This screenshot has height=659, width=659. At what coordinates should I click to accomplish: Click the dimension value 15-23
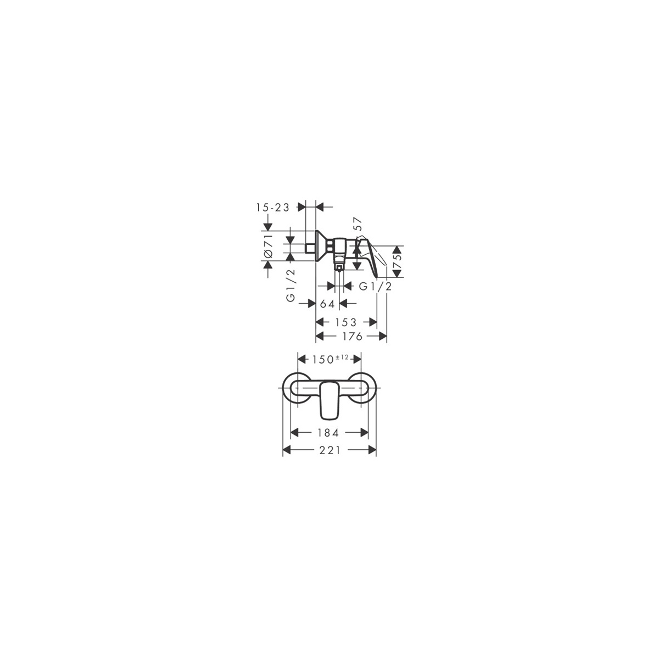[x=272, y=208]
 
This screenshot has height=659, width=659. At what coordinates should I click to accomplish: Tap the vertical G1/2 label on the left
[x=291, y=286]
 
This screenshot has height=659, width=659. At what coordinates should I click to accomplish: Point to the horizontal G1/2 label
[x=375, y=286]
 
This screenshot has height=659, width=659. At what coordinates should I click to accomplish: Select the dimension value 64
[x=327, y=303]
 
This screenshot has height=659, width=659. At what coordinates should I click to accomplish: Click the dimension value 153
[x=346, y=322]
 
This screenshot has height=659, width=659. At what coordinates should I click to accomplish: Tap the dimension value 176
[x=351, y=337]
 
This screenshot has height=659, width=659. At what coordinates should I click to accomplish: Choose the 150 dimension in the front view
[x=322, y=359]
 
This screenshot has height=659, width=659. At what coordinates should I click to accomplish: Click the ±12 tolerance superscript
[x=342, y=358]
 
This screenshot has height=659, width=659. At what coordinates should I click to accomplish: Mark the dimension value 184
[x=328, y=433]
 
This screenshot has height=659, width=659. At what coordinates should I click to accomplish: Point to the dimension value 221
[x=329, y=450]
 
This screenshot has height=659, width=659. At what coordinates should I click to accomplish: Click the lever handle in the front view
[x=329, y=400]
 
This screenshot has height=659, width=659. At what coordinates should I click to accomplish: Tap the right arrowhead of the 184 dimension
[x=364, y=433]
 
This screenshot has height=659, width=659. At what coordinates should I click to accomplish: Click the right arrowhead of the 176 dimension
[x=383, y=337]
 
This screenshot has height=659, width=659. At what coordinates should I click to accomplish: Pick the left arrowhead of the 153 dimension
[x=320, y=322]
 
